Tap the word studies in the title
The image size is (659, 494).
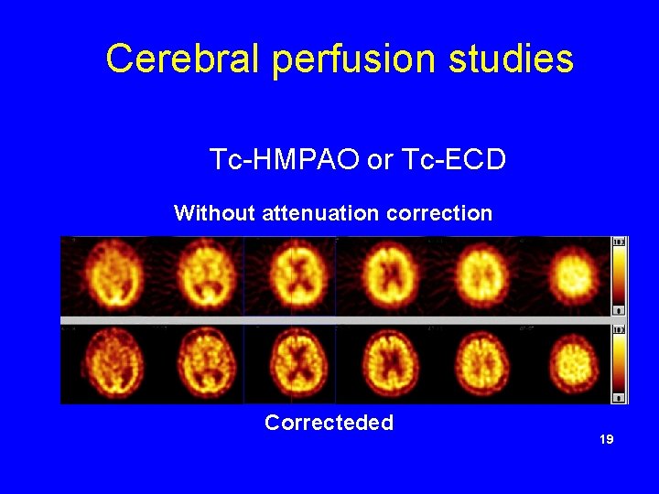[x=511, y=59]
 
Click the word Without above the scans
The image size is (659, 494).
[x=214, y=214]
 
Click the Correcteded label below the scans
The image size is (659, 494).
[x=329, y=423]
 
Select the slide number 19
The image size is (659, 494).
[x=606, y=440]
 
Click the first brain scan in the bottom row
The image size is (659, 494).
[x=108, y=363]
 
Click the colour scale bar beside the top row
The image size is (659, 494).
[x=620, y=276]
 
